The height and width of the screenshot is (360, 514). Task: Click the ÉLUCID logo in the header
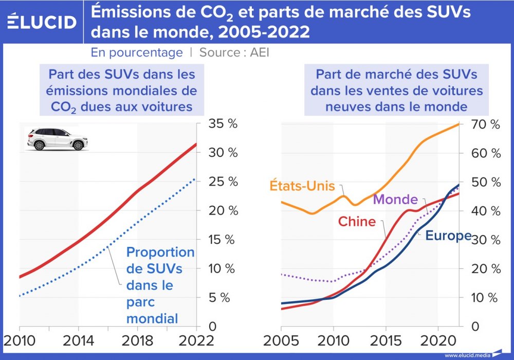[42, 22]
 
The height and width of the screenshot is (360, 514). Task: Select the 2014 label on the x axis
[78, 341]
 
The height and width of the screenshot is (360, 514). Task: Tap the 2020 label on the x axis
[437, 341]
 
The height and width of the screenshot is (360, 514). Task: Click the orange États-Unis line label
[302, 186]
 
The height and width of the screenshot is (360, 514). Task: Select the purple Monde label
[395, 200]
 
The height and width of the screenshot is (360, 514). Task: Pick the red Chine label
[357, 222]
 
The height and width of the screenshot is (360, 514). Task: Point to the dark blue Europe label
[448, 236]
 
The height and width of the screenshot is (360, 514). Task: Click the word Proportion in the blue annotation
[160, 253]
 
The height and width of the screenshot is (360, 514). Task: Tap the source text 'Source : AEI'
[234, 52]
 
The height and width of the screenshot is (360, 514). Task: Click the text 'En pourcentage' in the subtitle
[137, 52]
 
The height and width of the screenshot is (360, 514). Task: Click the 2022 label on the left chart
[196, 341]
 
